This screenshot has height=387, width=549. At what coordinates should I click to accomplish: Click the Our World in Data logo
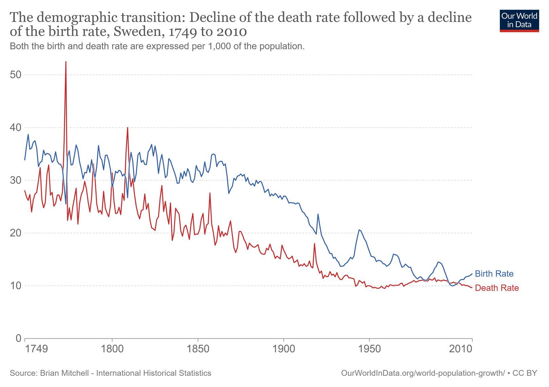(x=519, y=21)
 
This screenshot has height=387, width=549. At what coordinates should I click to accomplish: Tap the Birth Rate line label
(x=494, y=273)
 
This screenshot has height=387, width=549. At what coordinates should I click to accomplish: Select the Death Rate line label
(x=497, y=288)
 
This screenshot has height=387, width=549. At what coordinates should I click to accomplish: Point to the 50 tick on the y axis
(x=16, y=75)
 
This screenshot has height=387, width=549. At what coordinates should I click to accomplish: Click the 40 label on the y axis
(x=16, y=128)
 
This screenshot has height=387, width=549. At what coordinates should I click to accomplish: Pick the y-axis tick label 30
(x=16, y=180)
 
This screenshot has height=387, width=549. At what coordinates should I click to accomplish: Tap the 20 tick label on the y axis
(x=16, y=233)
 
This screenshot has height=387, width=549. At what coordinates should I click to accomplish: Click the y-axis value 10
(x=16, y=286)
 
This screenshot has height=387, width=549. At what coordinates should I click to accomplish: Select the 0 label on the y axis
(x=19, y=339)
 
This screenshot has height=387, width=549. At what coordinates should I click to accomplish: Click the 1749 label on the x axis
(x=37, y=348)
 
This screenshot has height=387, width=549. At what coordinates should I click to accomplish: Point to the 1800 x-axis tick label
(x=112, y=348)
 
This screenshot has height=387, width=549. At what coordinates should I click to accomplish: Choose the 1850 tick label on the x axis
(x=198, y=348)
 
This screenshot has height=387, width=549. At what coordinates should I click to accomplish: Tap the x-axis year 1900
(x=284, y=348)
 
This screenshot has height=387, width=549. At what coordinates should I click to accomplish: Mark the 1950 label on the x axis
(x=369, y=348)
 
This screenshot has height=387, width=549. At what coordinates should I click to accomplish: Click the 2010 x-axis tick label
(x=461, y=348)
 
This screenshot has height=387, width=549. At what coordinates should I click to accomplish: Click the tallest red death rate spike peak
(x=66, y=62)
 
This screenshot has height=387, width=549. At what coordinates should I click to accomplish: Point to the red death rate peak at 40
(x=127, y=128)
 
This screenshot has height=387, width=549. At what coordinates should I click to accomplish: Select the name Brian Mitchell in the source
(x=64, y=373)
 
